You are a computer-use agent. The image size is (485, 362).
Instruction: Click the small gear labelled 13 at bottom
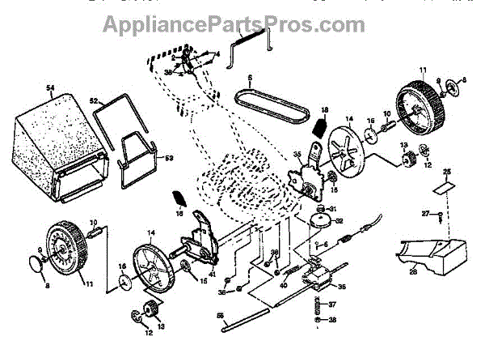pos(150,309)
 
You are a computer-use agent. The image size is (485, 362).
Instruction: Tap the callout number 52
pos(95,101)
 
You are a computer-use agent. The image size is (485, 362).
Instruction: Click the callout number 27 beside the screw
pos(424,214)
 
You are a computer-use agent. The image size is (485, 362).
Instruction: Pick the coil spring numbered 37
pos(318,306)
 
